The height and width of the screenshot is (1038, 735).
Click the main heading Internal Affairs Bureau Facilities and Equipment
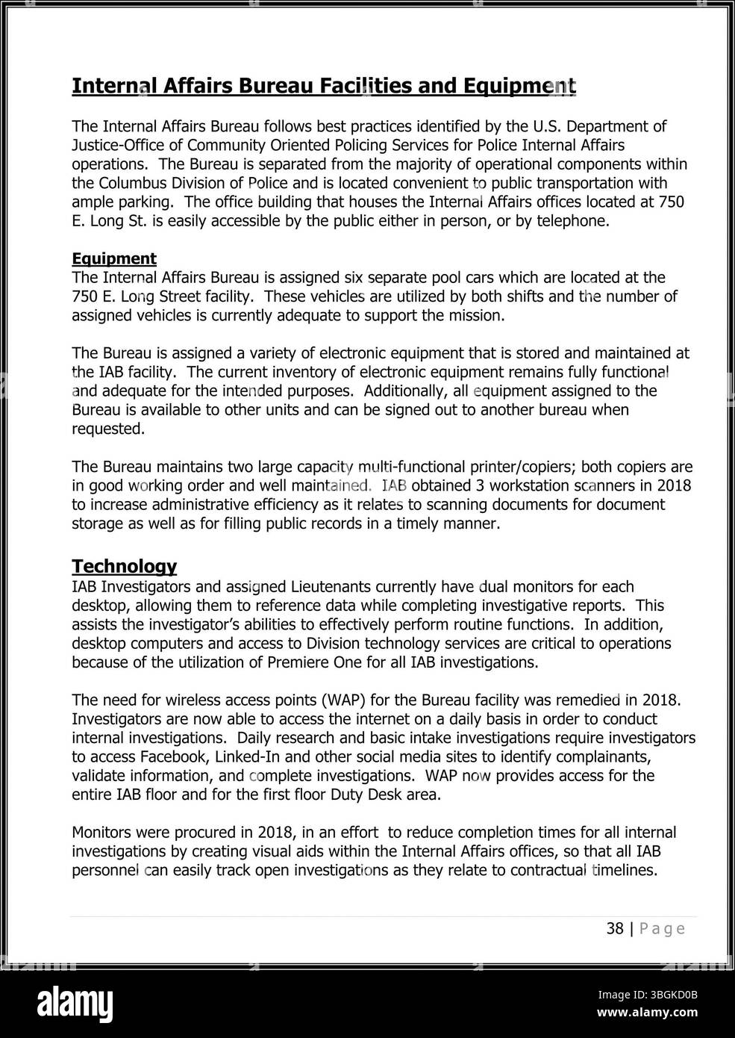point(323,86)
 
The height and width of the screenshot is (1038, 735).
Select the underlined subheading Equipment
point(113,258)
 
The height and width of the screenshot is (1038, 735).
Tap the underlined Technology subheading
point(124,566)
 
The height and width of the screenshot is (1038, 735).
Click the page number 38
point(615,928)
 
